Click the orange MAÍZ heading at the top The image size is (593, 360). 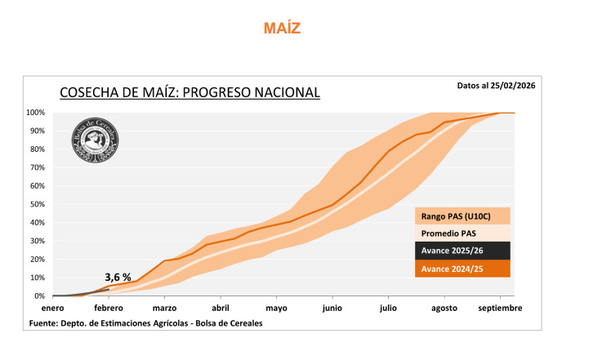point(282,29)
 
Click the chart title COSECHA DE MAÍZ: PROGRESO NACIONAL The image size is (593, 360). point(189,92)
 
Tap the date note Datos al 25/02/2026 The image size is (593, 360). point(496,85)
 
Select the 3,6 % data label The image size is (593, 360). point(118,278)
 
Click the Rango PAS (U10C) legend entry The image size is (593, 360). point(462,216)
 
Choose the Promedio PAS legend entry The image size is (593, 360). point(462,233)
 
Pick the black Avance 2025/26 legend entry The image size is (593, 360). point(462,251)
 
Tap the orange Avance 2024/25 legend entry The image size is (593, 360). point(462,269)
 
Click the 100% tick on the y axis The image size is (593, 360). point(35,113)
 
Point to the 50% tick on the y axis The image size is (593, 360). point(37,204)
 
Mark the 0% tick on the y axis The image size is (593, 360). point(39,296)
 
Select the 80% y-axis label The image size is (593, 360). point(37,149)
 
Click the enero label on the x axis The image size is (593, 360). point(52,309)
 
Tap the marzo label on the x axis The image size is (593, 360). point(164,309)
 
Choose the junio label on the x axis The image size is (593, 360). point(332,309)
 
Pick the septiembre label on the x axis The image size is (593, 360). point(500,309)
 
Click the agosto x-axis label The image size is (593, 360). point(444,309)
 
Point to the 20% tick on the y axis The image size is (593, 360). point(37,260)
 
